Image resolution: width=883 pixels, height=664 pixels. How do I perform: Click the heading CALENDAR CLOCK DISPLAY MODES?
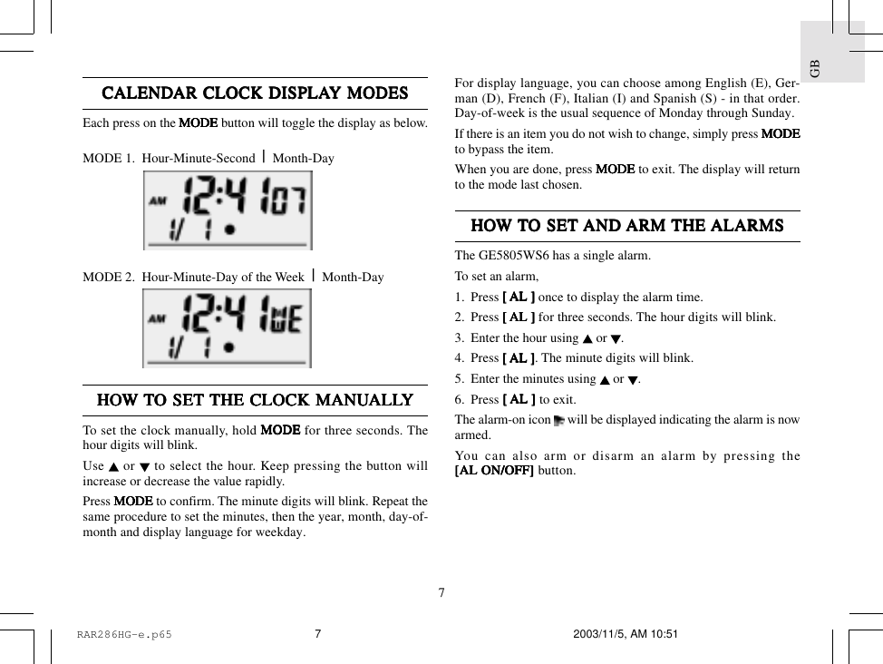tap(255, 93)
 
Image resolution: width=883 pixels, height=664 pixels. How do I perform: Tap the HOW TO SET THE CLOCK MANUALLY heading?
tap(255, 400)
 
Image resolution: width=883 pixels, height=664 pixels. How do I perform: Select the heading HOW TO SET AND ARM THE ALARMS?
tap(626, 226)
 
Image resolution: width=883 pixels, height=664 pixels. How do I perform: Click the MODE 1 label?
tap(108, 159)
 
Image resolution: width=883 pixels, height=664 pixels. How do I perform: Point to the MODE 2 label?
tap(108, 278)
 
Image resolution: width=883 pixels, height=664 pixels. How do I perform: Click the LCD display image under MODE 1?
tap(228, 210)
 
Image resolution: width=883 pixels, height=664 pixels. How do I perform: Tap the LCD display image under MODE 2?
tap(227, 328)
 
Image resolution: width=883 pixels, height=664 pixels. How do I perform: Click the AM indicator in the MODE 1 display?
tap(158, 200)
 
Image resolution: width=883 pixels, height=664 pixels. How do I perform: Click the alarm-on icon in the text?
tap(558, 420)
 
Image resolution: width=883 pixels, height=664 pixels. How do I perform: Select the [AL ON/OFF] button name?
tap(494, 471)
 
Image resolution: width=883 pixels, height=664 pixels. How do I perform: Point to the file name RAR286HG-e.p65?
tap(124, 635)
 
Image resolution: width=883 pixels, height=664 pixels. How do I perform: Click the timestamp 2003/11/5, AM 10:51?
tap(626, 634)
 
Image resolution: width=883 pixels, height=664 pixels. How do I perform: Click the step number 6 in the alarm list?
tap(459, 400)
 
